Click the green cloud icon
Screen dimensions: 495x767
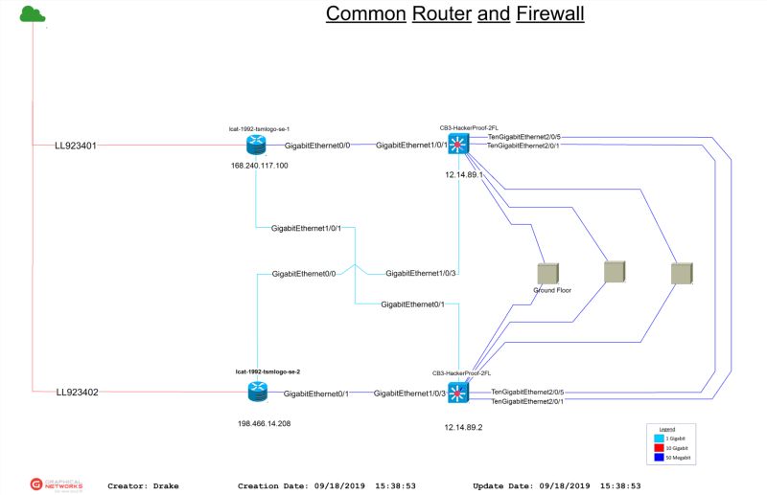34,12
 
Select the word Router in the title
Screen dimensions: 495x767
441,14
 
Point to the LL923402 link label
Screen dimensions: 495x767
77,392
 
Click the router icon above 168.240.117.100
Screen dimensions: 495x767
257,145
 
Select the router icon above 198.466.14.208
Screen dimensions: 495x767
257,391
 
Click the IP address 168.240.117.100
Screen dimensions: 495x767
260,166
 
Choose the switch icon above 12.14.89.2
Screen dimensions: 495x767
458,392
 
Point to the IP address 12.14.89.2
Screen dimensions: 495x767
463,428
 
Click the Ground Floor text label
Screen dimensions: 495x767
552,289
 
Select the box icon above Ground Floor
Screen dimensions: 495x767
549,273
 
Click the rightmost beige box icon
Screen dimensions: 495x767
682,273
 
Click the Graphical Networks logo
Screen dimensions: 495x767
57,484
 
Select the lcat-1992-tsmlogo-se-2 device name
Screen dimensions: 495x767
261,371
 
